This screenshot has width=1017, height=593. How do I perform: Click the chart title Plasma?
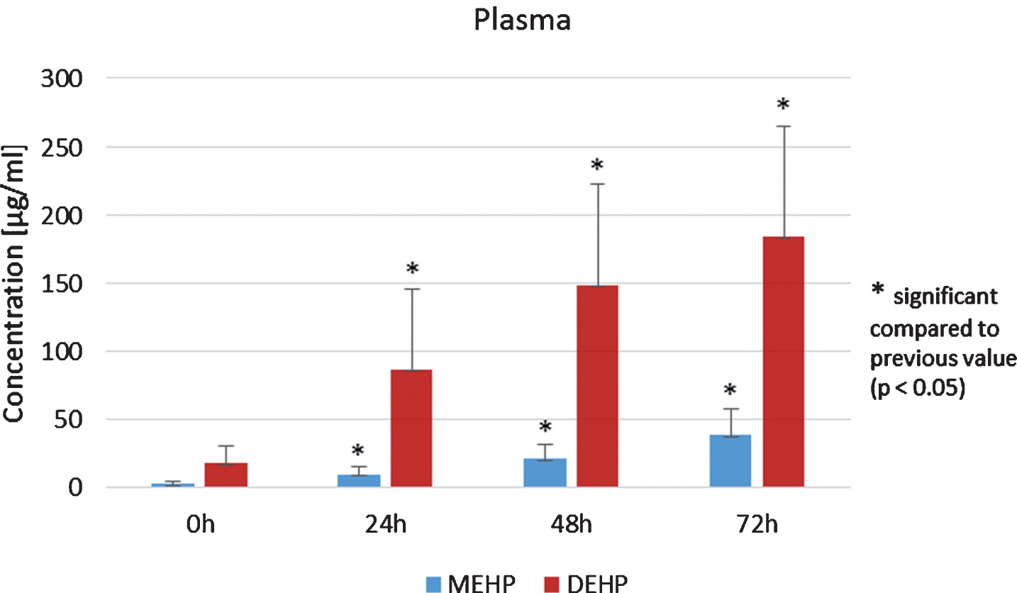tap(522, 21)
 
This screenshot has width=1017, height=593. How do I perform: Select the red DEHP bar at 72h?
tap(783, 362)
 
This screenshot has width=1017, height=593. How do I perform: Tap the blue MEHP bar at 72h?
tap(730, 461)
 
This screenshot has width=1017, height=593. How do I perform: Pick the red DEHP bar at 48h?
tap(597, 387)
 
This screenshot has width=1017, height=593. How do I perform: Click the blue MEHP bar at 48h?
tap(545, 472)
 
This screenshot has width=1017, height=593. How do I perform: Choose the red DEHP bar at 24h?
tap(411, 428)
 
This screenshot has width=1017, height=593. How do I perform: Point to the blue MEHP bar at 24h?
tap(359, 481)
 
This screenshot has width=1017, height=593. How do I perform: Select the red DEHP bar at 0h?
tap(226, 475)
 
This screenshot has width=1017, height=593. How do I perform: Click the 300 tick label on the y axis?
tap(62, 79)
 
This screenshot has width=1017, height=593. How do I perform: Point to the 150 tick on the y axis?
tap(62, 284)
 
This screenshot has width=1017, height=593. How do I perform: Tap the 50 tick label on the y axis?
tap(69, 421)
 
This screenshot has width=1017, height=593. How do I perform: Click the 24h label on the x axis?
tap(386, 525)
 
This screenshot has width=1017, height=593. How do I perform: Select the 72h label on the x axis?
tap(757, 525)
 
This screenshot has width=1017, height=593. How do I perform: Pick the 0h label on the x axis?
tap(200, 525)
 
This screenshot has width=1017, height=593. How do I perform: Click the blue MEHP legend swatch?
tap(433, 584)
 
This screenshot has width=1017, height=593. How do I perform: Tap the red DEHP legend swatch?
tap(551, 584)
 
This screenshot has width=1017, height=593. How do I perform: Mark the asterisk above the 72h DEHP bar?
tap(783, 105)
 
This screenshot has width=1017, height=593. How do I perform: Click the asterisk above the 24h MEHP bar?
tap(357, 450)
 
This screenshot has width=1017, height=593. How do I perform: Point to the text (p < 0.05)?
tap(917, 388)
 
